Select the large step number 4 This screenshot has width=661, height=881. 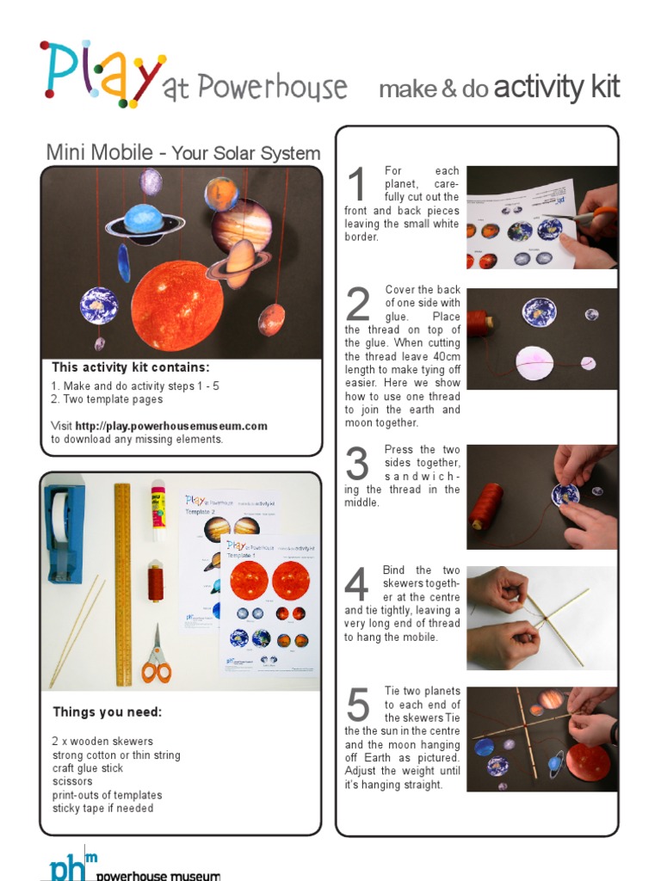point(356,586)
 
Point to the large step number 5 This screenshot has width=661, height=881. point(357,706)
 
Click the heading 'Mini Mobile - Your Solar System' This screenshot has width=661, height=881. point(182,153)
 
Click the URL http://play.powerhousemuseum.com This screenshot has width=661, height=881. point(171,426)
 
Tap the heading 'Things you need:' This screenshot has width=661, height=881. point(107,712)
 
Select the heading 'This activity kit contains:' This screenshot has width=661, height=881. point(130,367)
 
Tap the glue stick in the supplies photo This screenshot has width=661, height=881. point(158,510)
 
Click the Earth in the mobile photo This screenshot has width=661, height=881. point(99,305)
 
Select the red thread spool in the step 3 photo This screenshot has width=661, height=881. point(486,506)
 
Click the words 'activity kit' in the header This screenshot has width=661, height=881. point(557,88)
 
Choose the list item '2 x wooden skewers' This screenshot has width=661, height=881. point(102,742)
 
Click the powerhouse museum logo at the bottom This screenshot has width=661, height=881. point(129,869)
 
